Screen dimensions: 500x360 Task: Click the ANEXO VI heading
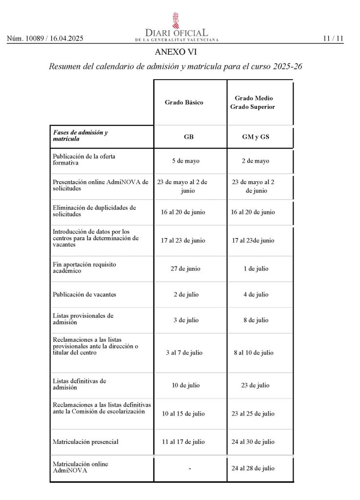pyautogui.click(x=176, y=52)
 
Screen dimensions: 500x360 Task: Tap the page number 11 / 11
pyautogui.click(x=333, y=39)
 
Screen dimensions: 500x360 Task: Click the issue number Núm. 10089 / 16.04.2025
pyautogui.click(x=45, y=39)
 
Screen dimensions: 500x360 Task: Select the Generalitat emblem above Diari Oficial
pyautogui.click(x=176, y=21)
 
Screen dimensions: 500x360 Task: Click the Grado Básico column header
pyautogui.click(x=184, y=103)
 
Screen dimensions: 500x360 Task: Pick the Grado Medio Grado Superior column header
pyautogui.click(x=252, y=103)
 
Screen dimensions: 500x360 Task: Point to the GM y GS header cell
pyautogui.click(x=256, y=137)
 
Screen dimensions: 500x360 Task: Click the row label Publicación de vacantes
pyautogui.click(x=84, y=294)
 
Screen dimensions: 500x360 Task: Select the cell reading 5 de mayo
pyautogui.click(x=186, y=161)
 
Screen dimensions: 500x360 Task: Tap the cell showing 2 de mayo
pyautogui.click(x=255, y=161)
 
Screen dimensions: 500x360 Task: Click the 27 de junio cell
pyautogui.click(x=185, y=269)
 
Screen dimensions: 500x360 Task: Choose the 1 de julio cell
pyautogui.click(x=256, y=269)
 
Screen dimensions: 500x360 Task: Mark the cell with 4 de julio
pyautogui.click(x=256, y=294)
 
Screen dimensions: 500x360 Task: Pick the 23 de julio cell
pyautogui.click(x=255, y=385)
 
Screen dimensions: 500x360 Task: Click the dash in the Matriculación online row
pyautogui.click(x=189, y=469)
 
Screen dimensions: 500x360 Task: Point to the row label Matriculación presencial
pyautogui.click(x=85, y=442)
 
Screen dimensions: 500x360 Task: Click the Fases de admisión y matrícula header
pyautogui.click(x=80, y=136)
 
